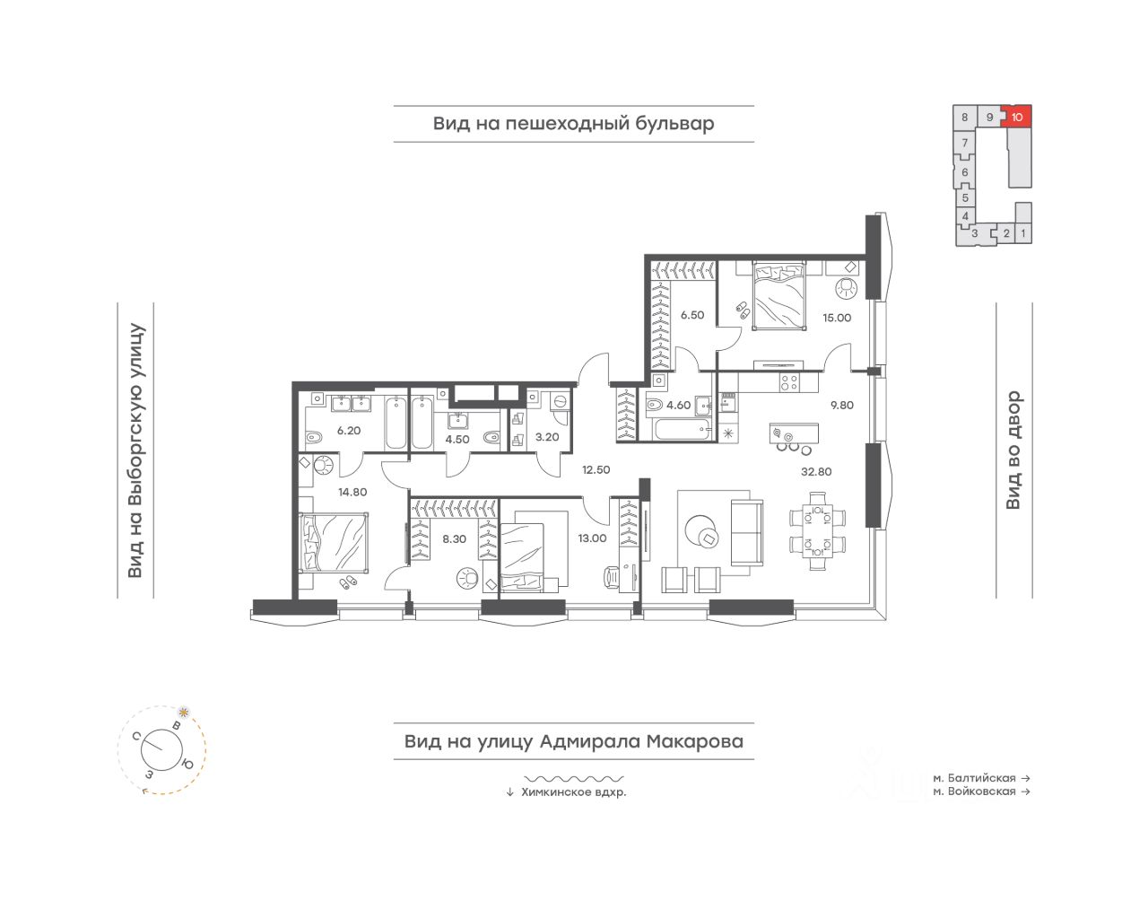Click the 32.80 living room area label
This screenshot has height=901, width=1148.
click(815, 471)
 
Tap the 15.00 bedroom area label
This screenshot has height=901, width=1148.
click(836, 318)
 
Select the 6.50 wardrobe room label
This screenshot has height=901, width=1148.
click(692, 315)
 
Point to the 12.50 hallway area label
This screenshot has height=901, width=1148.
click(596, 469)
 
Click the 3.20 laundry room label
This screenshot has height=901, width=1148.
click(547, 437)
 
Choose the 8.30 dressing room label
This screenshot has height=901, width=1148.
click(455, 539)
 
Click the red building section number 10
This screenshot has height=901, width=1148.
click(1017, 118)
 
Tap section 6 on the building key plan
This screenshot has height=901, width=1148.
click(965, 172)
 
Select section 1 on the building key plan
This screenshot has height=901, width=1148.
click(1023, 233)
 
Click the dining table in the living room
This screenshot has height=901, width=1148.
click(817, 531)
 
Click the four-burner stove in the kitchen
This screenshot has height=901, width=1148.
click(789, 382)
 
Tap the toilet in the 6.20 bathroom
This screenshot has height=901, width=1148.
click(314, 438)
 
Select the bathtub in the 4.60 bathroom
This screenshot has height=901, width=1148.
click(681, 430)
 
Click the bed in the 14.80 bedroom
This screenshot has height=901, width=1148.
click(334, 542)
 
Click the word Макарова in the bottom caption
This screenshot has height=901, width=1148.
click(695, 741)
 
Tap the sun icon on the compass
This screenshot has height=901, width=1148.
click(183, 711)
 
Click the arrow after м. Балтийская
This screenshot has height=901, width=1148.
click(1025, 778)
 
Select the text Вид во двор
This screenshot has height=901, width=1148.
click(1013, 450)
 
